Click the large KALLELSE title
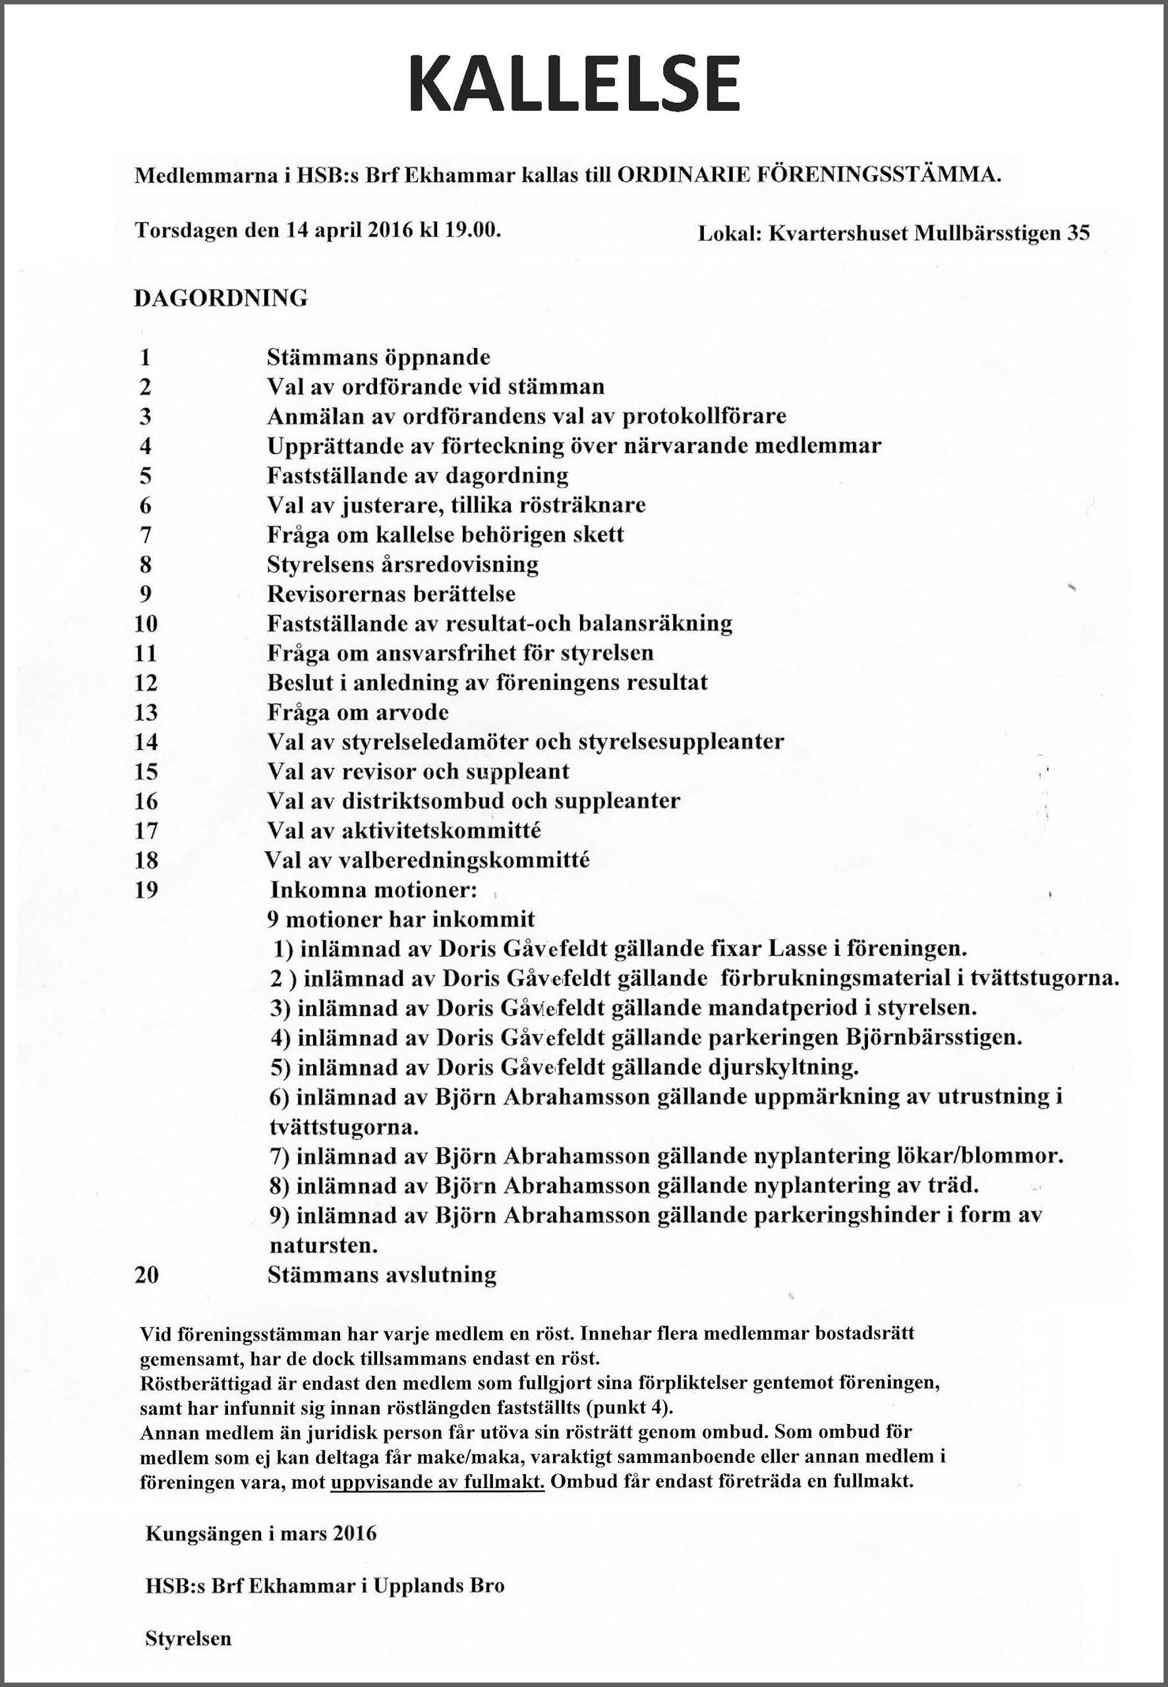575,82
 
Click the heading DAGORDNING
220,299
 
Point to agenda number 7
145,535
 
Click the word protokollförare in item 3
704,416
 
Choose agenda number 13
146,712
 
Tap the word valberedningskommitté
465,861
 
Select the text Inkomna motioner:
374,890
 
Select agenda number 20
146,1275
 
